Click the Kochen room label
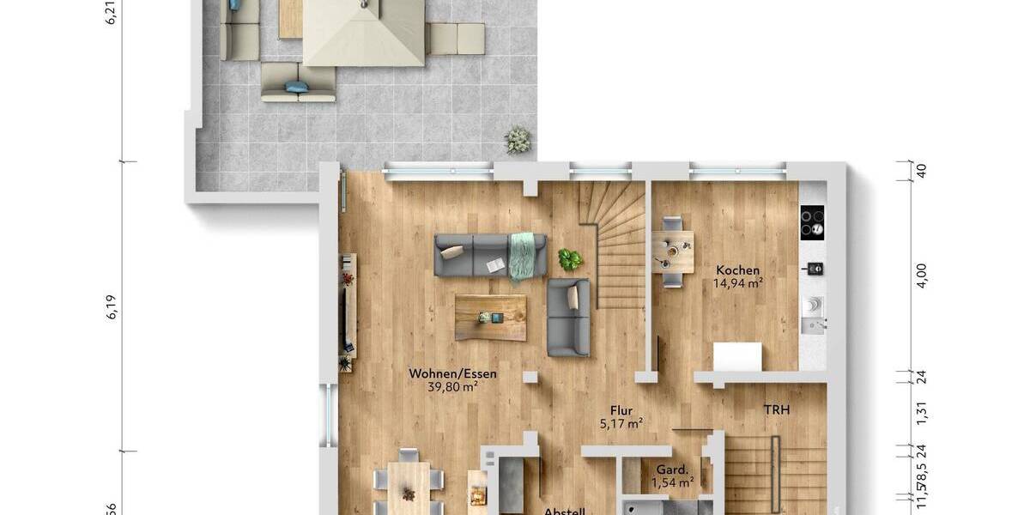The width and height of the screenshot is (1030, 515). pos(738,270)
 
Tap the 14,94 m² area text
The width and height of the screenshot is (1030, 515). pos(738,282)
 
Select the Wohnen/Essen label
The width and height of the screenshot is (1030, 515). pos(452,374)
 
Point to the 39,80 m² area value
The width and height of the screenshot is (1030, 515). pos(452,387)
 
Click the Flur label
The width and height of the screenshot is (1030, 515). pos(621,410)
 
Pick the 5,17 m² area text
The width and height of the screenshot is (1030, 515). pos(621,422)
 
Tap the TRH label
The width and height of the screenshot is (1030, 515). pos(777,410)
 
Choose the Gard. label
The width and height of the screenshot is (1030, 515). pos(672,470)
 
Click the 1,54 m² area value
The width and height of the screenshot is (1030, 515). pos(672,483)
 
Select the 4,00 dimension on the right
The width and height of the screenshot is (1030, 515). pos(922,276)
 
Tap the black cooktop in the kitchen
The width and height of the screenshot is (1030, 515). pos(812,222)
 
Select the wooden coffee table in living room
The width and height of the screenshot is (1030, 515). pos(492,317)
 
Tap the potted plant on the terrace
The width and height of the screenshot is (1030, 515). pos(518,139)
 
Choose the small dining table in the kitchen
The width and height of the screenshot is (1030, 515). pos(672,250)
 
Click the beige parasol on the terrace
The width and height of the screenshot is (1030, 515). pos(364,32)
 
